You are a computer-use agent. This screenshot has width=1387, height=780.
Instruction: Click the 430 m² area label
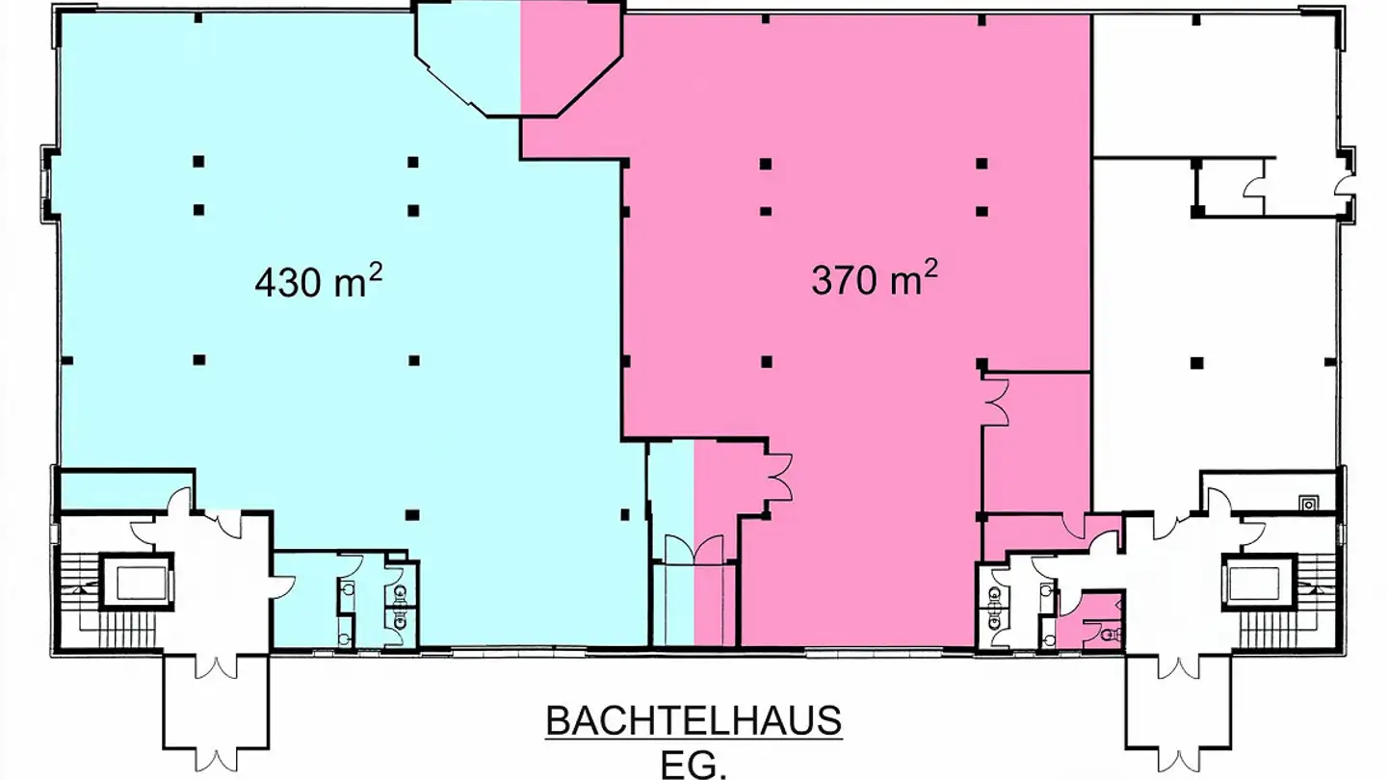[x=318, y=281]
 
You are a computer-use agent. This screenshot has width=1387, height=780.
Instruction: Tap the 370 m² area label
[x=875, y=279]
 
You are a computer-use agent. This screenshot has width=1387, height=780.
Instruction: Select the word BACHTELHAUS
[x=693, y=720]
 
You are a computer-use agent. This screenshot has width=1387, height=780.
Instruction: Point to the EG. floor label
[x=693, y=766]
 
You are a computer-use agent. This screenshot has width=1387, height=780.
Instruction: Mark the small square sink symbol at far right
[x=1308, y=501]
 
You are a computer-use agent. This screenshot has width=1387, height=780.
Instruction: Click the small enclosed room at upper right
[x=1228, y=186]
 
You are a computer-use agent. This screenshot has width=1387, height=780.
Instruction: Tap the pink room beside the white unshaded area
[x=1036, y=438]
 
